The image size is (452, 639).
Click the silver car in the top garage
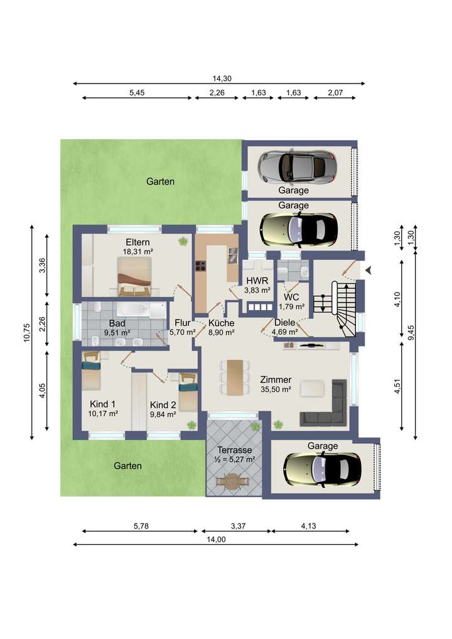[298, 166]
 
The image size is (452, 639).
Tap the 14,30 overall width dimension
[222, 78]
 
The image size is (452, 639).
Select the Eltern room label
[137, 242]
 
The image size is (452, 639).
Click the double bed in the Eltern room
[134, 276]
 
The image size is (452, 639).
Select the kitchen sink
[232, 255]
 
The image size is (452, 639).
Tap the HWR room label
[257, 281]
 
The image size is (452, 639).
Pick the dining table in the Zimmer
[235, 377]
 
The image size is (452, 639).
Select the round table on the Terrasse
[232, 481]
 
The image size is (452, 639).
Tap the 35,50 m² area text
[276, 389]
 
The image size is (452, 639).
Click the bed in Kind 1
[91, 371]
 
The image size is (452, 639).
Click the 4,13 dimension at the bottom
[308, 526]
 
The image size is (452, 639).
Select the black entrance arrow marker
[369, 270]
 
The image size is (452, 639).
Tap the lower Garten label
[127, 466]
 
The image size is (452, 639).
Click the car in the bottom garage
[322, 469]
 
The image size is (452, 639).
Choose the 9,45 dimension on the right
[411, 333]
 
